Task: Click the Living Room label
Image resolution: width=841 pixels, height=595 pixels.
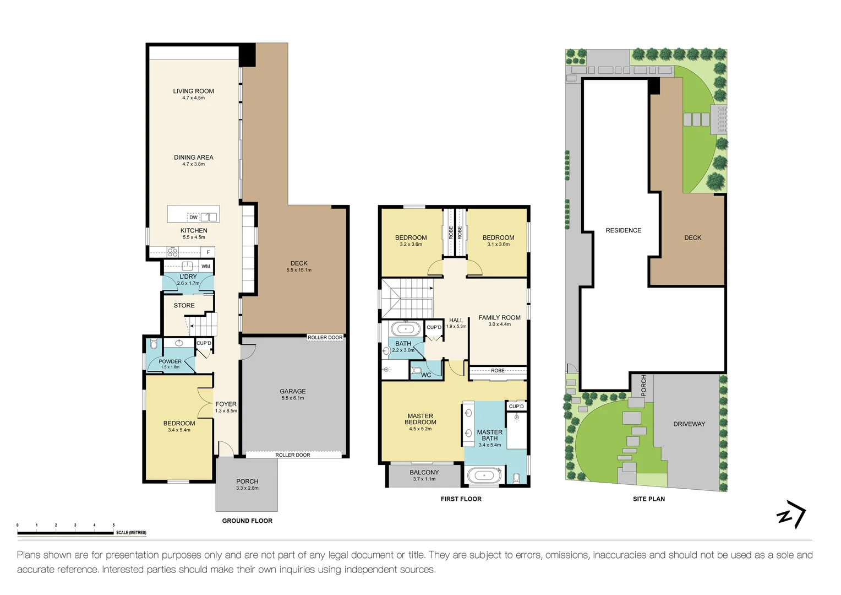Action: tap(193, 91)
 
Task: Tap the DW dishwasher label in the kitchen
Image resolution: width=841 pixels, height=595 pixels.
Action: tap(193, 217)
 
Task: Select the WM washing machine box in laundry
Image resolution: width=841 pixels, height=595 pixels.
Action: tap(205, 266)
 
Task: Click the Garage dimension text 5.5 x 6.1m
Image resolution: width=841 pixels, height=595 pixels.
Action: tap(292, 398)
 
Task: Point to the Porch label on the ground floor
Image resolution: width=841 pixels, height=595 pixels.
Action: tap(247, 482)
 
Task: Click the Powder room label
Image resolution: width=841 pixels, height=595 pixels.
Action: tap(170, 361)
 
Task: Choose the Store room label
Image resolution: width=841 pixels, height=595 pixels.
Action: tap(184, 305)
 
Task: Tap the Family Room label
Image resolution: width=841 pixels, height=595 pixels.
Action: tap(499, 317)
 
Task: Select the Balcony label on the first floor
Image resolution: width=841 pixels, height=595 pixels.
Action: tap(424, 472)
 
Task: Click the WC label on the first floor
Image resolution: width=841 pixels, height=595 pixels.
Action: tap(426, 375)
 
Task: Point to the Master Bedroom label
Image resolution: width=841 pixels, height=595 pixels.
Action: tap(420, 419)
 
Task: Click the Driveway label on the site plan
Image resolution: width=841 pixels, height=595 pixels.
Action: tap(689, 424)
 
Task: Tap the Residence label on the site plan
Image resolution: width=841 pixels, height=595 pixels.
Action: tap(623, 230)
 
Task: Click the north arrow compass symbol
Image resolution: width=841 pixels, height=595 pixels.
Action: tap(791, 514)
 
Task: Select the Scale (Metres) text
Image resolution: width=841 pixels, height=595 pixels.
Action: tap(131, 533)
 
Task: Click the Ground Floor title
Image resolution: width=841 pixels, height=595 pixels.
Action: tap(247, 521)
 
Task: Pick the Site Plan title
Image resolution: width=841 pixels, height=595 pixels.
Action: tap(648, 499)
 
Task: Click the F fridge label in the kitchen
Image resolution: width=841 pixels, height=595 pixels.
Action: tap(208, 252)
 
